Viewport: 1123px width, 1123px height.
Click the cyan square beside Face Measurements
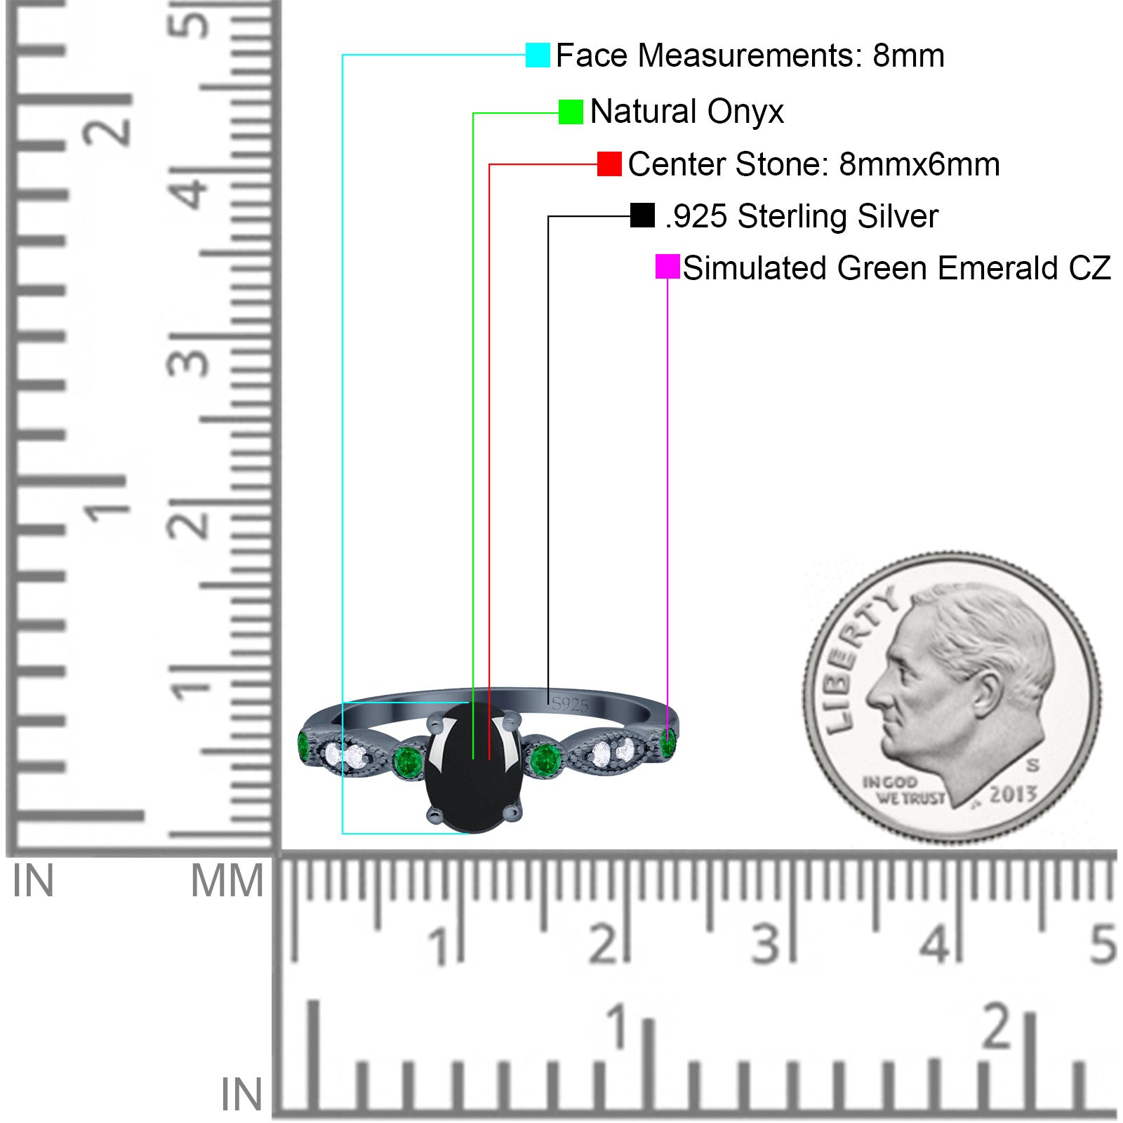(538, 55)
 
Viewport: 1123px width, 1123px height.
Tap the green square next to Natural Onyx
(571, 112)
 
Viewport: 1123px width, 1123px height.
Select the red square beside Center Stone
(609, 164)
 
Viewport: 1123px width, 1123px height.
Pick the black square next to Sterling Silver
(642, 215)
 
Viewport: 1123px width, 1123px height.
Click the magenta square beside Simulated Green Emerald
(667, 267)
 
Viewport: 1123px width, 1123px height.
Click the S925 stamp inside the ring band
(570, 704)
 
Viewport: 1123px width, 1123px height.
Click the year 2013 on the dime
(1013, 794)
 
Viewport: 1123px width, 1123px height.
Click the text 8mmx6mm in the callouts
(919, 164)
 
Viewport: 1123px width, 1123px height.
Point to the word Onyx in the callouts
(745, 112)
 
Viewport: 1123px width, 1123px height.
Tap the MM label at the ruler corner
(227, 881)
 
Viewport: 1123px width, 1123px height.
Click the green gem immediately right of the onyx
(545, 759)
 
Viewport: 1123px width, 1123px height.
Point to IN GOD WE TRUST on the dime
(903, 790)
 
